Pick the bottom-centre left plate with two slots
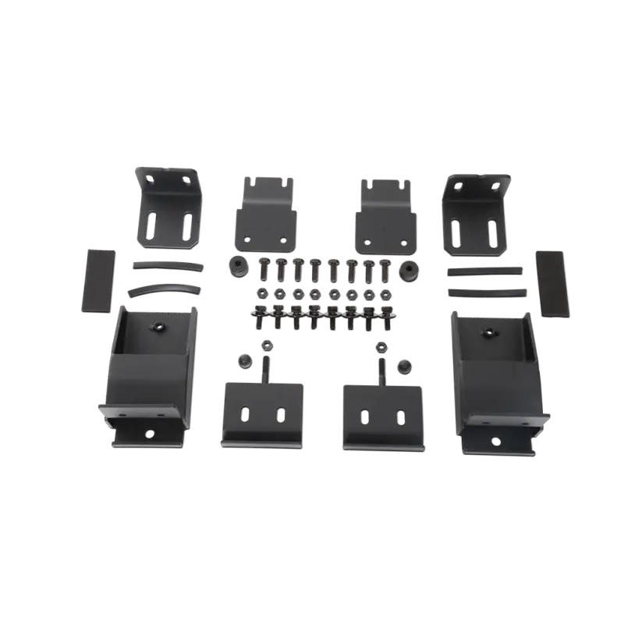[261, 413]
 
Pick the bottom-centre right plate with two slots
[382, 413]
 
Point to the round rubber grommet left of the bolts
[235, 268]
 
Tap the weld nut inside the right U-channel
[490, 331]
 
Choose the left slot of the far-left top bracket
[157, 226]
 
